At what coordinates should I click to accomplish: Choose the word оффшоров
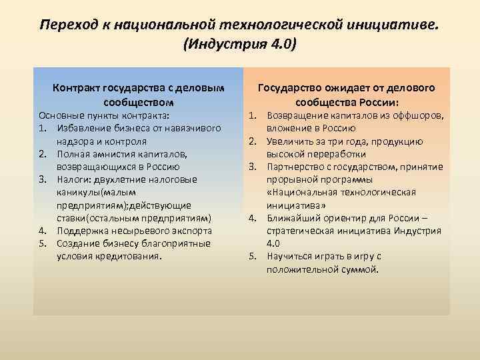tap(414, 116)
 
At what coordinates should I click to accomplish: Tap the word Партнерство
tap(295, 167)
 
